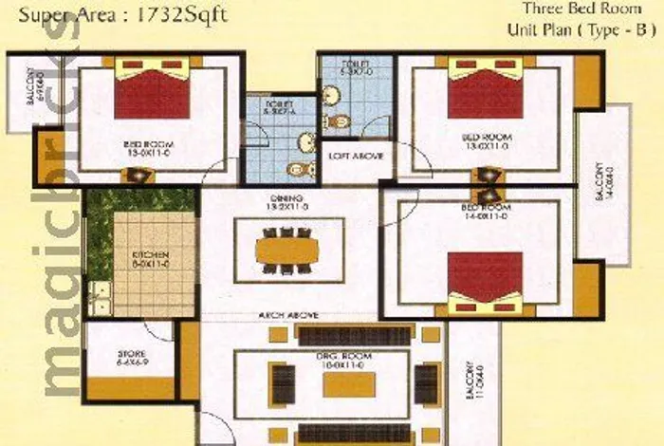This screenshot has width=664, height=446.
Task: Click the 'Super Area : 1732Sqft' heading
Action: [123, 15]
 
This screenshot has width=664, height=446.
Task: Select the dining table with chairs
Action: [288, 250]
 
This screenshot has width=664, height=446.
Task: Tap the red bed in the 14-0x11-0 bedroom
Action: [485, 276]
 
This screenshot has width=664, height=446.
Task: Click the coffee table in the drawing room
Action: [349, 383]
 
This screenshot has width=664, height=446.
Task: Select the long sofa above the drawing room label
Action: [356, 335]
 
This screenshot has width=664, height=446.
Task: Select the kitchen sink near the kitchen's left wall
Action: [96, 299]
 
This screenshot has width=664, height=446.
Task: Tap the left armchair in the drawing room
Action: [283, 382]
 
